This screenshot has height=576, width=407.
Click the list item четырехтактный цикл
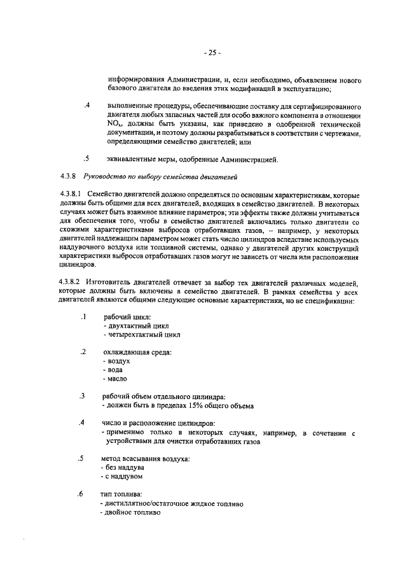pos(142,334)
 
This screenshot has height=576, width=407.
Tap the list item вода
pos(114,370)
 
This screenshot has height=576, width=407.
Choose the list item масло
pos(116,379)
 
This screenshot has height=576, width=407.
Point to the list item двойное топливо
pos(128,512)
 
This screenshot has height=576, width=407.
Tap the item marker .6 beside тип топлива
pos(80,494)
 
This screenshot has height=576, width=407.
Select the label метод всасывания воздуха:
pos(146,458)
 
